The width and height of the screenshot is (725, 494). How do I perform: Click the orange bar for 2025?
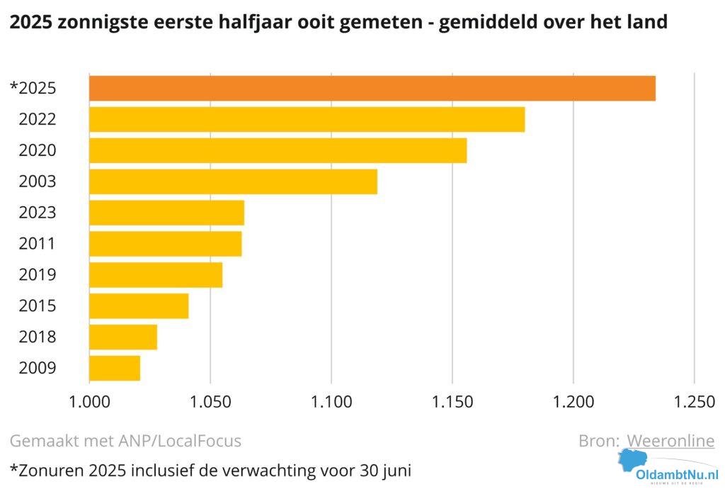click(372, 88)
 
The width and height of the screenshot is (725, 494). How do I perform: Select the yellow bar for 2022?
click(307, 119)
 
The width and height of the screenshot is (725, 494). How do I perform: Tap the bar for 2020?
click(278, 150)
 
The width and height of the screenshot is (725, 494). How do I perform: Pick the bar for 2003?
click(233, 181)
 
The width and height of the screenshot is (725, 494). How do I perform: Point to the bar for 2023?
click(166, 213)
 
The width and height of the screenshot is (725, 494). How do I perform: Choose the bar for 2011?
click(165, 244)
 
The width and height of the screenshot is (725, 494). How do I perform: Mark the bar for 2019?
click(156, 275)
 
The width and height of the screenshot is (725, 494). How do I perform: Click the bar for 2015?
click(139, 306)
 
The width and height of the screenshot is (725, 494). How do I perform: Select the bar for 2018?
click(123, 337)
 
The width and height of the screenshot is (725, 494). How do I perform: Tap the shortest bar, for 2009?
click(115, 369)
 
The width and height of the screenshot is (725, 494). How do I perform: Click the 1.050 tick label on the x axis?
click(210, 403)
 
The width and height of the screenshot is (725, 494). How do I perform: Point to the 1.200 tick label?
click(573, 403)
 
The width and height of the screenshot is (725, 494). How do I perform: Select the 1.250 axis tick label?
click(694, 403)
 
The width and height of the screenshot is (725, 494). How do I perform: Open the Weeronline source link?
click(670, 441)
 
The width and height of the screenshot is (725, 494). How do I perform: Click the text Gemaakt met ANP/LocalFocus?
click(125, 441)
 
